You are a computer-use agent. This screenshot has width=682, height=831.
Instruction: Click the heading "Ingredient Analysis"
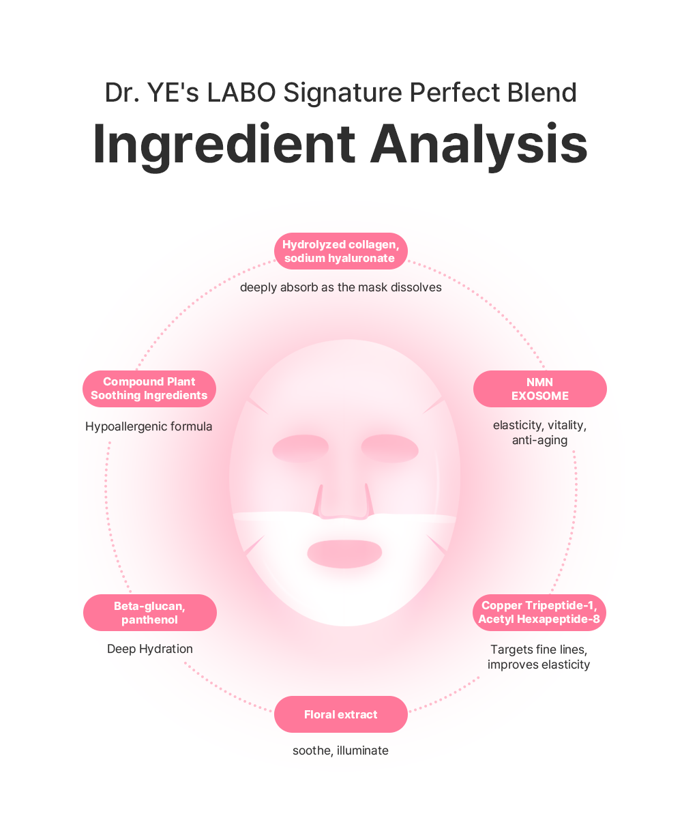[x=340, y=145]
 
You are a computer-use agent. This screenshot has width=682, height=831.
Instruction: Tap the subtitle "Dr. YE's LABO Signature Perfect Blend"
[x=340, y=93]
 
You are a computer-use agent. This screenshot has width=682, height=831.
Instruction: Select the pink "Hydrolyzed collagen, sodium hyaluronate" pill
[x=340, y=251]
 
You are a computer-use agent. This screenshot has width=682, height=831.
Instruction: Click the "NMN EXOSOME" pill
[x=539, y=389]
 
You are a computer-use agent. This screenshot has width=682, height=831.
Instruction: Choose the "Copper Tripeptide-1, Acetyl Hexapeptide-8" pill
[x=539, y=612]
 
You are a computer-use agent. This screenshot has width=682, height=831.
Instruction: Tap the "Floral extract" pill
[x=340, y=714]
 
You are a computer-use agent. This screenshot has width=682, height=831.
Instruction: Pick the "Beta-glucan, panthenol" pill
[x=149, y=613]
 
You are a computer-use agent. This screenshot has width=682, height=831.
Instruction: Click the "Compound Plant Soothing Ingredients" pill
[x=149, y=389]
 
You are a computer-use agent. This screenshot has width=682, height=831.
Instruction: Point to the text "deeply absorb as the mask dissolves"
[x=340, y=287]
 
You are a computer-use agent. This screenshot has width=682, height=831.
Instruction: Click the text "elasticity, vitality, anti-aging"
[x=539, y=433]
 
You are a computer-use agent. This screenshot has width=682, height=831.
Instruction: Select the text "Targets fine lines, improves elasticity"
[x=539, y=656]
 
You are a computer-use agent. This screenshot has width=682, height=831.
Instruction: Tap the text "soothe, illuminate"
[x=340, y=750]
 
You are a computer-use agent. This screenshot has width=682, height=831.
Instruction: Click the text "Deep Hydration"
[x=150, y=649]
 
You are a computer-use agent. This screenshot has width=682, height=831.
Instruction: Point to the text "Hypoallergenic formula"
[x=149, y=426]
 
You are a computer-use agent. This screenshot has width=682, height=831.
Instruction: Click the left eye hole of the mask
[x=301, y=448]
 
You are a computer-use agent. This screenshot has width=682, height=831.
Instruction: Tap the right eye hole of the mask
[x=389, y=448]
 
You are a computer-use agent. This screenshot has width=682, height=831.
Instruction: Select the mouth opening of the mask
[x=344, y=553]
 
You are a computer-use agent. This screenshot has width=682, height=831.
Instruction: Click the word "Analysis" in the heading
[x=479, y=145]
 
